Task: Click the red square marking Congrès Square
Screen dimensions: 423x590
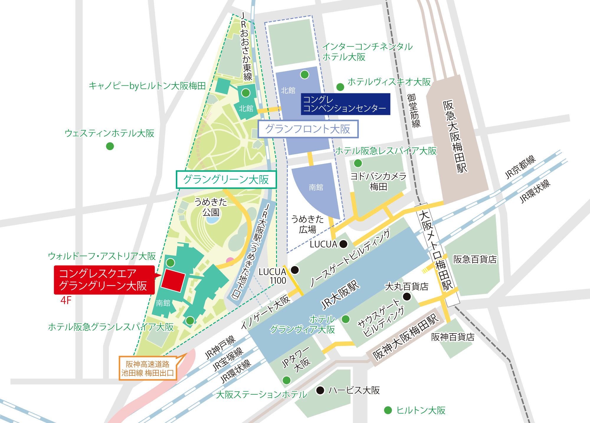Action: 173,280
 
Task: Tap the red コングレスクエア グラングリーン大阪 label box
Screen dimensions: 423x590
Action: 104,280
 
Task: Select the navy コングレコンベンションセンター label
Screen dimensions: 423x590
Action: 345,104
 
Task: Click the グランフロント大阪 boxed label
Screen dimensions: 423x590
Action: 308,129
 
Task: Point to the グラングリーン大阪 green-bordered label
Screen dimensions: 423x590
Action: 226,180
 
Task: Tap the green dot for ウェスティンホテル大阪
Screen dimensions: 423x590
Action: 110,146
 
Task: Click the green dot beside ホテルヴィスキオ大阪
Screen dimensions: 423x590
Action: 340,87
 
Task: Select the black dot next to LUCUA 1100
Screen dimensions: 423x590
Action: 295,270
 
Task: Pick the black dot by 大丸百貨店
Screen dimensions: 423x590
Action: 407,296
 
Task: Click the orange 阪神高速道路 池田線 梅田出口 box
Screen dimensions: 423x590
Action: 147,368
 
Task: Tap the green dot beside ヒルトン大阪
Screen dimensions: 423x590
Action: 388,410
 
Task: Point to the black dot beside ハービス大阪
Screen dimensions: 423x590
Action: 320,390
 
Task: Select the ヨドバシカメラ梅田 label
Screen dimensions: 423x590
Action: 378,181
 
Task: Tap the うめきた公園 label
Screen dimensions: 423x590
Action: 211,207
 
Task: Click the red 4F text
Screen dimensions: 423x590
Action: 66,300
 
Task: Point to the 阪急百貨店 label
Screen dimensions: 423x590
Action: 475,259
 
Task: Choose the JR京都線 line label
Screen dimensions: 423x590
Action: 520,167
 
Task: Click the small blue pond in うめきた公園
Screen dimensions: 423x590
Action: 212,220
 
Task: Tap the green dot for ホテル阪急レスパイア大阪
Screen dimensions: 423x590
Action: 358,163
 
